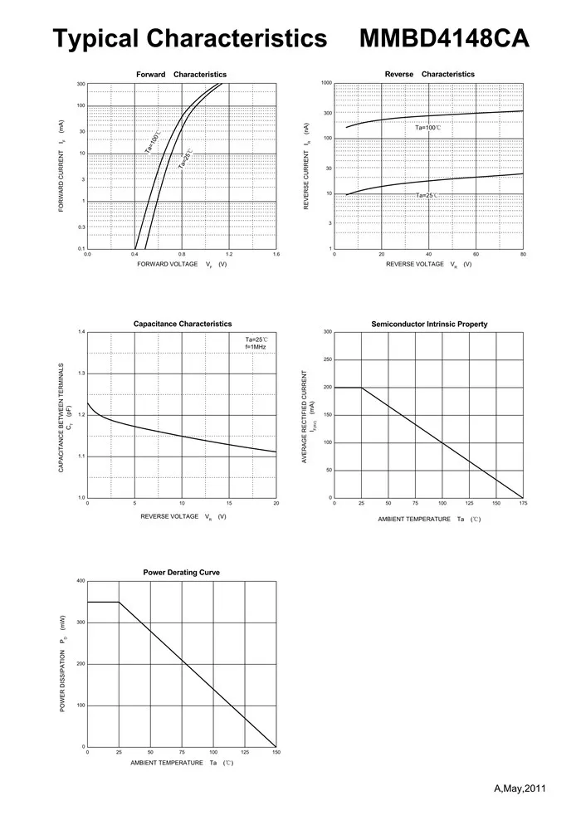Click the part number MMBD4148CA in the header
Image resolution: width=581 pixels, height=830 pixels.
(444, 39)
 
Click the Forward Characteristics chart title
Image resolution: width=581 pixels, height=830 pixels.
(181, 75)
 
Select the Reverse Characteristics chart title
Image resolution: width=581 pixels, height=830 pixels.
(430, 74)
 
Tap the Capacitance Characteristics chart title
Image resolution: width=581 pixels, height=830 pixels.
(183, 324)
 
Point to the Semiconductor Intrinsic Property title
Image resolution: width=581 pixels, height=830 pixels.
(429, 324)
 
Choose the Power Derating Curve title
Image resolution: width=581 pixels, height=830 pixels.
(181, 573)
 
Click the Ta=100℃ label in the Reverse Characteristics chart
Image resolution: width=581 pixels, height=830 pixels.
(427, 128)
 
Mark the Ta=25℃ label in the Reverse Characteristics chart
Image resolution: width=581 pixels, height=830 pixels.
(427, 195)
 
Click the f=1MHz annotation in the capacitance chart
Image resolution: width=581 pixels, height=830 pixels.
(256, 347)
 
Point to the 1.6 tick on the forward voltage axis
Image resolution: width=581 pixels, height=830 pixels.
(276, 255)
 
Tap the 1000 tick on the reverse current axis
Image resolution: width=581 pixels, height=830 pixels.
(327, 84)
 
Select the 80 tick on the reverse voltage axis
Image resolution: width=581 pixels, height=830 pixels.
(523, 255)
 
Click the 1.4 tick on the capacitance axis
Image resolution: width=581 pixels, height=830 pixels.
(81, 332)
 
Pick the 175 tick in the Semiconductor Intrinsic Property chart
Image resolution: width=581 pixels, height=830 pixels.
(523, 504)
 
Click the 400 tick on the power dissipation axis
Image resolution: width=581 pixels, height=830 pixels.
(81, 581)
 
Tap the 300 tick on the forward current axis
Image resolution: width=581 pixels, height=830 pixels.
(81, 84)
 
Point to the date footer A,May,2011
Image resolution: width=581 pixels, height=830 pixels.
(519, 787)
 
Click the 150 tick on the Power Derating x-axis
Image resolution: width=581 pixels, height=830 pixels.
(276, 753)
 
